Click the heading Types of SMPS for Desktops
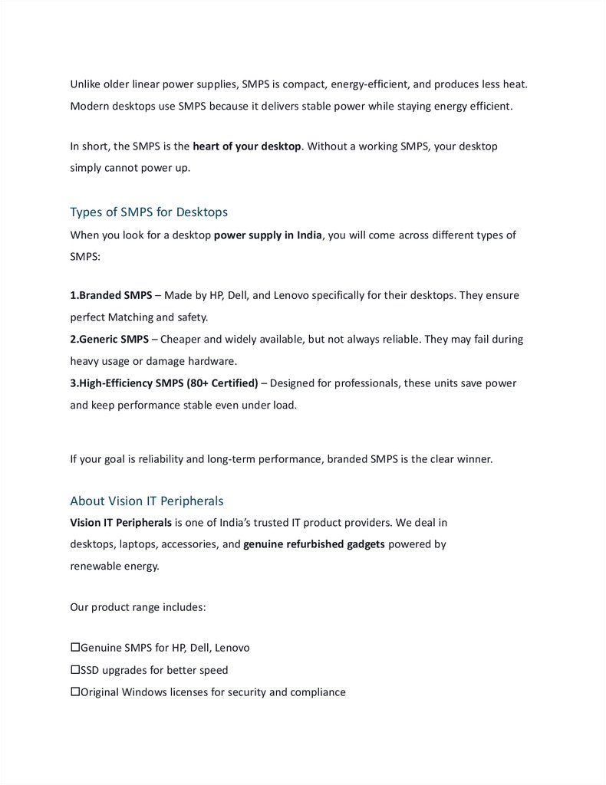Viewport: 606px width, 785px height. pos(149,212)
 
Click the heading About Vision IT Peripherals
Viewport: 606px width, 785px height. pos(147,501)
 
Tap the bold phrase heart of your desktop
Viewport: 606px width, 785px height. pos(247,146)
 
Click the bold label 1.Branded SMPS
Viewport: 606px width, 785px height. pos(110,294)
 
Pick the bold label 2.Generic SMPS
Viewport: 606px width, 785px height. pos(110,339)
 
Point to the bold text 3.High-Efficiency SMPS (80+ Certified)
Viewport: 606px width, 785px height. pos(164,383)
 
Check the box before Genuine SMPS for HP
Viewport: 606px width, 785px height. pos(75,648)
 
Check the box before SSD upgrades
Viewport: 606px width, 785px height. pos(75,670)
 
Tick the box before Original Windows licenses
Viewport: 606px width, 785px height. pos(75,692)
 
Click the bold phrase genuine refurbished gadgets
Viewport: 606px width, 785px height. pos(314,544)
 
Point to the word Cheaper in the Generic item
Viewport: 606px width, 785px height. pos(182,339)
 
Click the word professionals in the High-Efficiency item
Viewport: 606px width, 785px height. pos(364,383)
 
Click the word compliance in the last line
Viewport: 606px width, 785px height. pos(318,692)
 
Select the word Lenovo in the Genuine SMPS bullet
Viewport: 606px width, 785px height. pos(232,648)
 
